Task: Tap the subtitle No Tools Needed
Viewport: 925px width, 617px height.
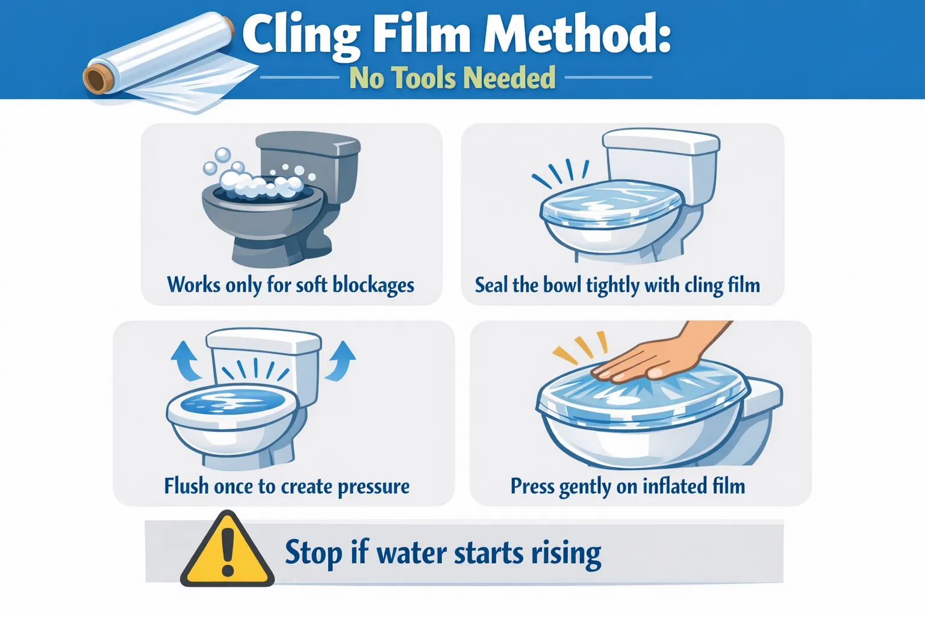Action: (x=452, y=78)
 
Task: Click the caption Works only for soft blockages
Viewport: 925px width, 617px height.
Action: (x=290, y=284)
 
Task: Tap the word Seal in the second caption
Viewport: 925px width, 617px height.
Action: (x=491, y=284)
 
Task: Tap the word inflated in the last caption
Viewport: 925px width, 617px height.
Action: (x=674, y=486)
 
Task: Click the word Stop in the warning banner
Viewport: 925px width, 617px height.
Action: (x=313, y=553)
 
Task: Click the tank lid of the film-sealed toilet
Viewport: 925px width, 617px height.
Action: (x=661, y=142)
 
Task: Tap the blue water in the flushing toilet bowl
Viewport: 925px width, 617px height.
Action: (x=232, y=401)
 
